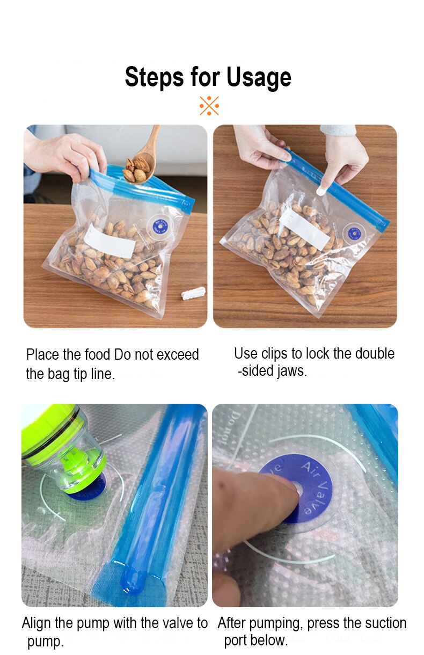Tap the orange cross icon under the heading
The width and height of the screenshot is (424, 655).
click(209, 106)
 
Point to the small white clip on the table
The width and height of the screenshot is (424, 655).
click(193, 293)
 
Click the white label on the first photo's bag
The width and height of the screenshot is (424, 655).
click(110, 241)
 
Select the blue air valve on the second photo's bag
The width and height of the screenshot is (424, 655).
click(354, 232)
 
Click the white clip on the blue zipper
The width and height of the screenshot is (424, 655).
click(320, 191)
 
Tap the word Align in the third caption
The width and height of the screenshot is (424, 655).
click(36, 623)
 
